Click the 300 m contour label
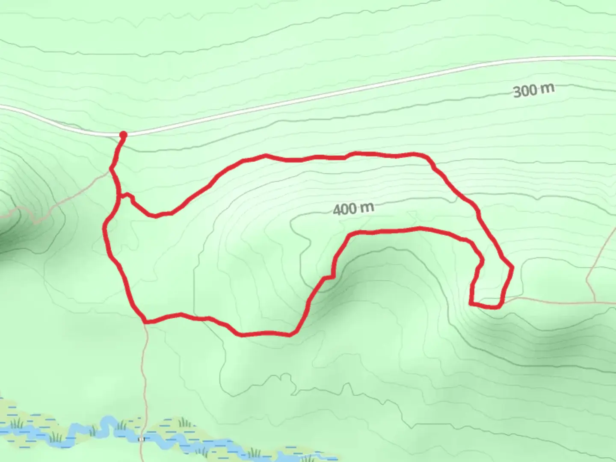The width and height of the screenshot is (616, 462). [x=533, y=90]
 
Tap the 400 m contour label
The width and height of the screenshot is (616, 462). [x=353, y=209]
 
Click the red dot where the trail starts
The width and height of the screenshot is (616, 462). [x=123, y=135]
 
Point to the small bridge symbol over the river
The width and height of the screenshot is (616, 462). [x=142, y=439]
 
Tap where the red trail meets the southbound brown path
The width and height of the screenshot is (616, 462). [x=145, y=321]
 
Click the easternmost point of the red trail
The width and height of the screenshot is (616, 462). [x=512, y=268]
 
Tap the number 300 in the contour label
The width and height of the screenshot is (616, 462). [x=524, y=91]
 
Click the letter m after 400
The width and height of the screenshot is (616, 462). [x=367, y=208]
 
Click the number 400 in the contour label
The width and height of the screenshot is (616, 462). [x=345, y=210]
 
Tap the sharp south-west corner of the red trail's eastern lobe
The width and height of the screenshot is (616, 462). [x=471, y=303]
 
